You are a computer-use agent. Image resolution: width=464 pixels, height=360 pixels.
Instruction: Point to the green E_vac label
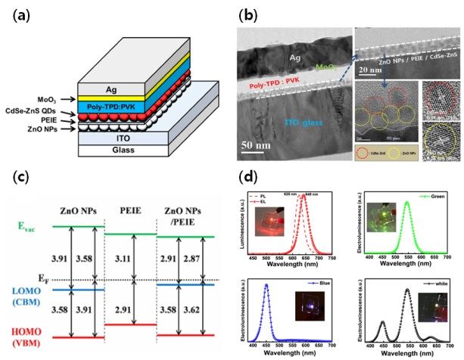[27, 225]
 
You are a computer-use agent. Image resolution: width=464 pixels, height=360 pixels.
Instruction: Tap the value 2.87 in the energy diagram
[199, 259]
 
